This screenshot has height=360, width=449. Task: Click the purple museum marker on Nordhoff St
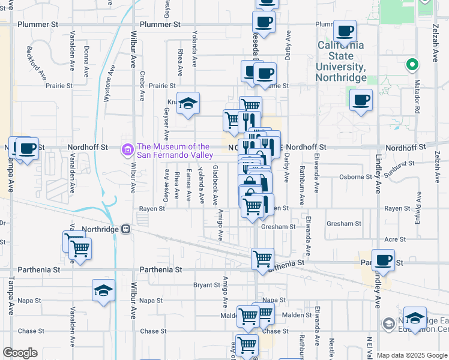127,149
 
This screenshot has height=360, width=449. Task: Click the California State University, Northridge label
340,62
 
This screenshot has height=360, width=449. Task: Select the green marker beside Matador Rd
412,65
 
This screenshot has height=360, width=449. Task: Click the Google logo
20,353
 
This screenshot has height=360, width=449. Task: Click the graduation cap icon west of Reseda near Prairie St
188,103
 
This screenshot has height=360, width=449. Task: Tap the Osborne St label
355,176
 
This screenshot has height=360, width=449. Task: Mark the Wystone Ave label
109,88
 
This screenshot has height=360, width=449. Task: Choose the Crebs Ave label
142,86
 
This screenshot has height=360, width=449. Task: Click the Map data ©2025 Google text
412,355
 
